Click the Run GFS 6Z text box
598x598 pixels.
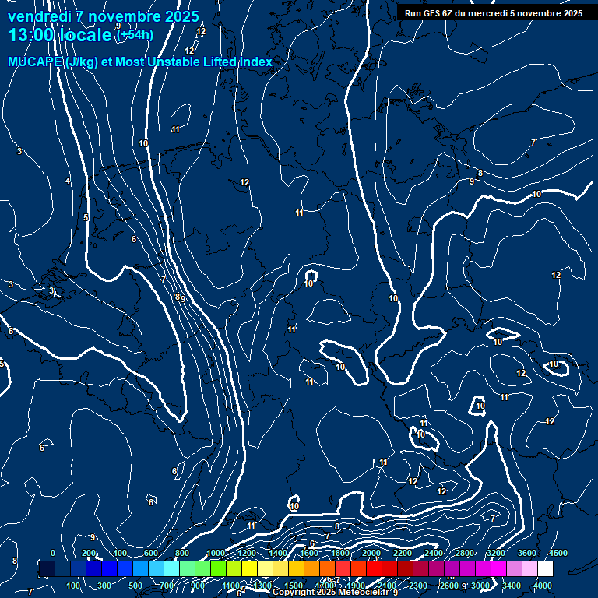click(x=493, y=13)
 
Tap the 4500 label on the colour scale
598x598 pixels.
click(x=558, y=553)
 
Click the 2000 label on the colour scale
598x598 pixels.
click(x=371, y=553)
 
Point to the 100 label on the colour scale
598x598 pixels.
click(x=74, y=586)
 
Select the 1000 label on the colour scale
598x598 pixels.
click(x=215, y=553)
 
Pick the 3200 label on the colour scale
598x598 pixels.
click(x=495, y=553)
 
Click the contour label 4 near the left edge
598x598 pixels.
click(x=68, y=181)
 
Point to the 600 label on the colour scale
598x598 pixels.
click(x=150, y=553)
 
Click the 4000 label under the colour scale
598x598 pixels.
click(x=543, y=586)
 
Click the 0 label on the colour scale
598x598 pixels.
click(x=52, y=553)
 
